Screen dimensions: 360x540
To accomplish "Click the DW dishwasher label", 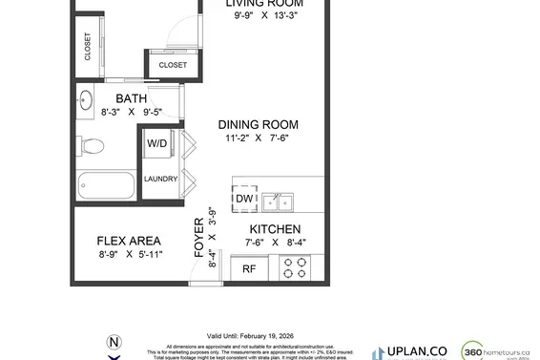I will [x=243, y=199].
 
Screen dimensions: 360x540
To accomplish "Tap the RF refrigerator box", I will [x=248, y=269].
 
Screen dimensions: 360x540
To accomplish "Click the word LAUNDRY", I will [x=159, y=179].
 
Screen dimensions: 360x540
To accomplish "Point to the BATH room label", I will [x=132, y=98].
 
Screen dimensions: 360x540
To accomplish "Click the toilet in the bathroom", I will [x=92, y=146].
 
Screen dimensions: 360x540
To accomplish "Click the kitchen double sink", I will [x=279, y=201].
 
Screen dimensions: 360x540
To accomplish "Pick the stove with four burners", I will [x=293, y=269].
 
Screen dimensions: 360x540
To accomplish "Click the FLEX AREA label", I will [x=129, y=241].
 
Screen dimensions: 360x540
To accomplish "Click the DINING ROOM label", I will [x=258, y=124].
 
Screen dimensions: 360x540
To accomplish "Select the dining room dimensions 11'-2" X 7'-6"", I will [x=258, y=138].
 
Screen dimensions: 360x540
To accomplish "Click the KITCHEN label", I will [x=275, y=229].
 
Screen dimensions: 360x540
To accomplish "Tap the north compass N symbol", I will [x=114, y=342].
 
